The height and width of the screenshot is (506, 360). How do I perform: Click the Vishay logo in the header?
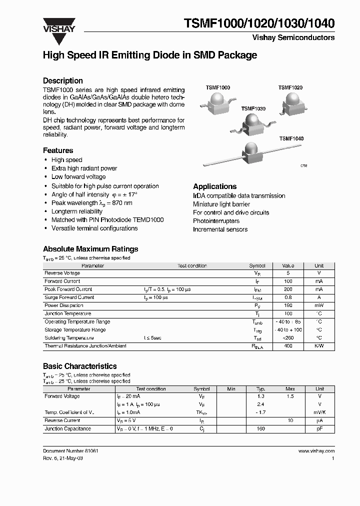click(58, 25)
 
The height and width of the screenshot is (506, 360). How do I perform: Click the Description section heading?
click(63, 80)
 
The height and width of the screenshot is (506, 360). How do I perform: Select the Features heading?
click(58, 150)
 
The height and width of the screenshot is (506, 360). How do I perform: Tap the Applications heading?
click(215, 186)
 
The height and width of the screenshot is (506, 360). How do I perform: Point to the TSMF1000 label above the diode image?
click(218, 87)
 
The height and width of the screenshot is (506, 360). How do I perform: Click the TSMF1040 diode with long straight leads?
click(250, 153)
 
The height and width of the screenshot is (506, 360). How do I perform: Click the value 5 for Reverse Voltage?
click(288, 273)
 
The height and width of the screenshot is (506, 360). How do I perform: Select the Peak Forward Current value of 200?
click(288, 289)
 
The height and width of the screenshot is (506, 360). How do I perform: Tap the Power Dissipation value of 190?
click(288, 305)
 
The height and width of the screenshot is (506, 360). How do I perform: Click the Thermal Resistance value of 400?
click(288, 346)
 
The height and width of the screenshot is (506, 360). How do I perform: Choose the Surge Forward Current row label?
click(69, 297)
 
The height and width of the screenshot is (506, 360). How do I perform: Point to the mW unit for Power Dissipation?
click(319, 305)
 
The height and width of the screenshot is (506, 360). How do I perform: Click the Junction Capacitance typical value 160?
click(260, 429)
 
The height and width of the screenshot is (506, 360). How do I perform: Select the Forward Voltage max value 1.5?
click(290, 396)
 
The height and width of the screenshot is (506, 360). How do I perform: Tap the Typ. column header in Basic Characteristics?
click(260, 388)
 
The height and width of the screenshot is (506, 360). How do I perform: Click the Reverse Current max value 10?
click(290, 421)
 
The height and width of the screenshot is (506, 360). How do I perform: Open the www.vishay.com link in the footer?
click(316, 451)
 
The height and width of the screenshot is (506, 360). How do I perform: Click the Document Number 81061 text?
click(70, 451)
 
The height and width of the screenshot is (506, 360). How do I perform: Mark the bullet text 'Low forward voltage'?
click(78, 177)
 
